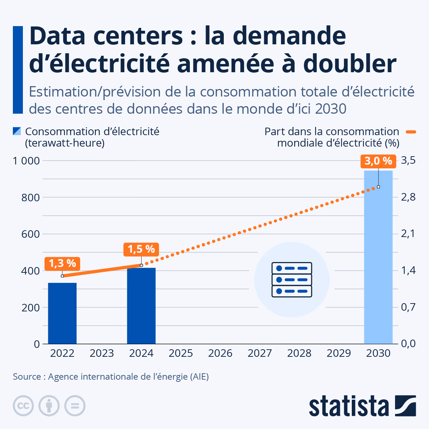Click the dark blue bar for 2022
[62, 313]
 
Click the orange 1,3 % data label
[62, 263]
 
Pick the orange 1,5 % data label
[141, 249]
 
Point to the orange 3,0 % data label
[378, 161]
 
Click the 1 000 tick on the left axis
[26, 161]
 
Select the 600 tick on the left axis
[30, 234]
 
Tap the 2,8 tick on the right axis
[408, 197]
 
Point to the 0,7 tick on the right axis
[408, 307]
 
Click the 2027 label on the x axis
[260, 354]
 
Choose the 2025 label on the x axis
[181, 354]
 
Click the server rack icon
[292, 280]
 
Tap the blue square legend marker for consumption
[17, 131]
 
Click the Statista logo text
[349, 406]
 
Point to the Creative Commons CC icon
[23, 406]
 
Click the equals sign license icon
[75, 406]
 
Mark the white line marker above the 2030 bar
[378, 187]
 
